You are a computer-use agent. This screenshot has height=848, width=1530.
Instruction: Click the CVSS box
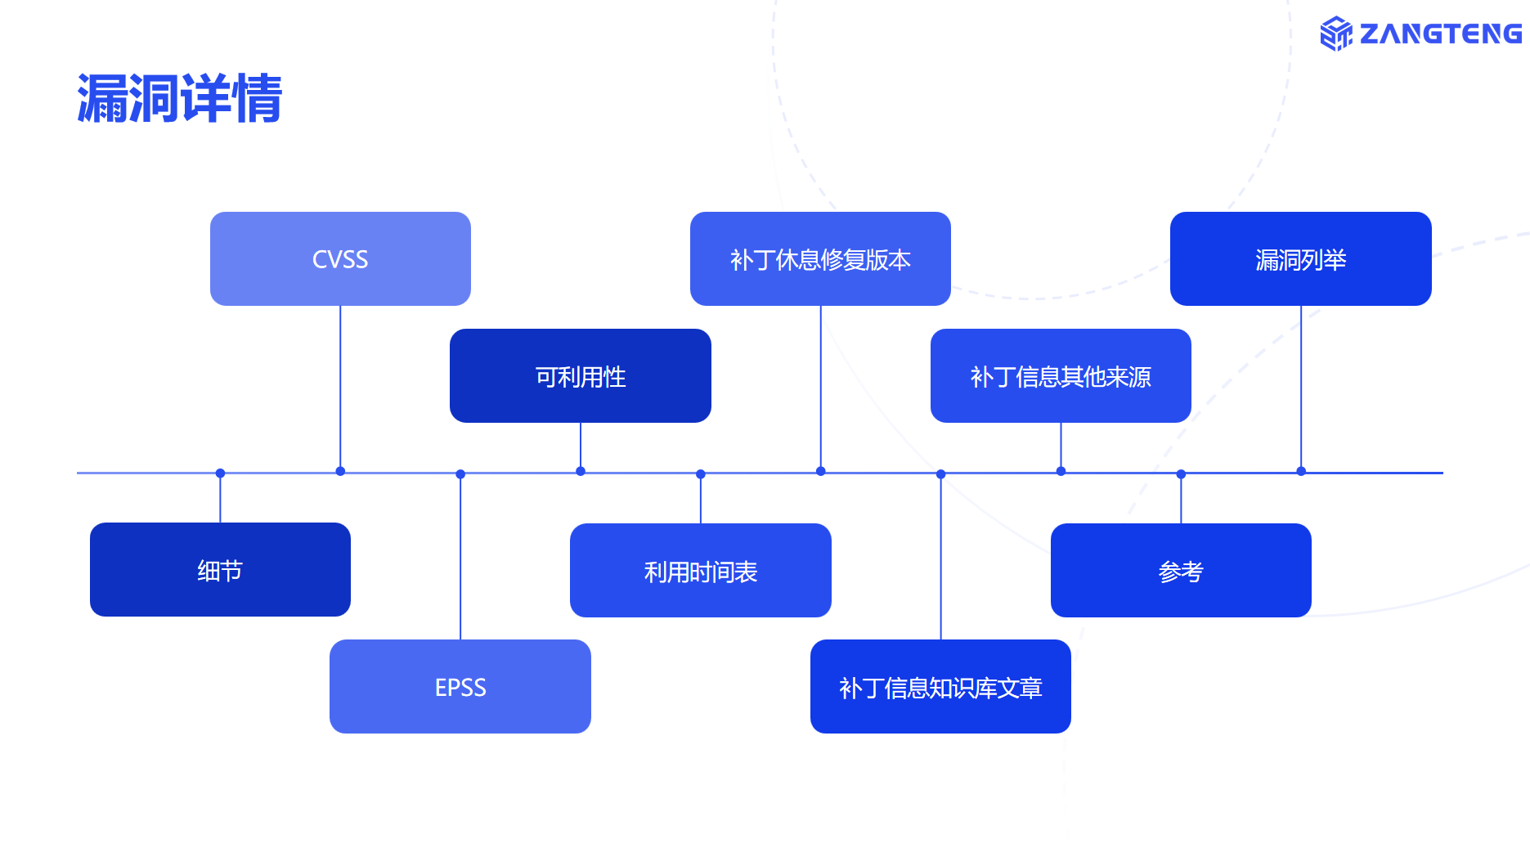point(340,258)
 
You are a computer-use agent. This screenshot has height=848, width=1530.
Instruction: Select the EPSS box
point(460,686)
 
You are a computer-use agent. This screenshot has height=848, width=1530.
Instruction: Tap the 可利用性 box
point(581,375)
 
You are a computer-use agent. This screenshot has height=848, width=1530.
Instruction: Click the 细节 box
point(220,569)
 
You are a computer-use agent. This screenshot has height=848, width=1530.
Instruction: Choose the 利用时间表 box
point(701,570)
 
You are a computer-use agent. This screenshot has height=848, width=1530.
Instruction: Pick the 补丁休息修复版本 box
point(820,258)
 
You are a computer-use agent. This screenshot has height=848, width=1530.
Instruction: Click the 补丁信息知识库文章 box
point(940,686)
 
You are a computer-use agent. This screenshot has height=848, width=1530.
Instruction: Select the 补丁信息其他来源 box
point(1061,375)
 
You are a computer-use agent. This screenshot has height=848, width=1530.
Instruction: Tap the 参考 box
point(1181,570)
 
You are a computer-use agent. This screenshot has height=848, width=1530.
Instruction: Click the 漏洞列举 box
point(1301,258)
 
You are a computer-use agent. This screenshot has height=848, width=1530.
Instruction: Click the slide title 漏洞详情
point(180,98)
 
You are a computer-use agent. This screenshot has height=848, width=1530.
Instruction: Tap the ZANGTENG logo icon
point(1336,34)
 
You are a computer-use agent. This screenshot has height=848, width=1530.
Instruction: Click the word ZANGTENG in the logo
point(1440,34)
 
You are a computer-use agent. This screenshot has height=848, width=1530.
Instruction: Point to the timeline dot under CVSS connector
point(340,471)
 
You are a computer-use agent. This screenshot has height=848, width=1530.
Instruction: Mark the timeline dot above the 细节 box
point(220,473)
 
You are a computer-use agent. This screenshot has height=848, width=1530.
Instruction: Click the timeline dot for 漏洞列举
point(1301,471)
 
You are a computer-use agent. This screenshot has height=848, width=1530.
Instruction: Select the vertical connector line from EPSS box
point(460,557)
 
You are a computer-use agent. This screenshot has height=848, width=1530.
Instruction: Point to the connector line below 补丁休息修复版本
point(820,388)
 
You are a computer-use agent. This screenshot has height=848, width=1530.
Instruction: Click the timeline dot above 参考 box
point(1181,474)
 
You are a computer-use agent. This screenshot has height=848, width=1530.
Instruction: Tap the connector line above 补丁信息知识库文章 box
point(940,557)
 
